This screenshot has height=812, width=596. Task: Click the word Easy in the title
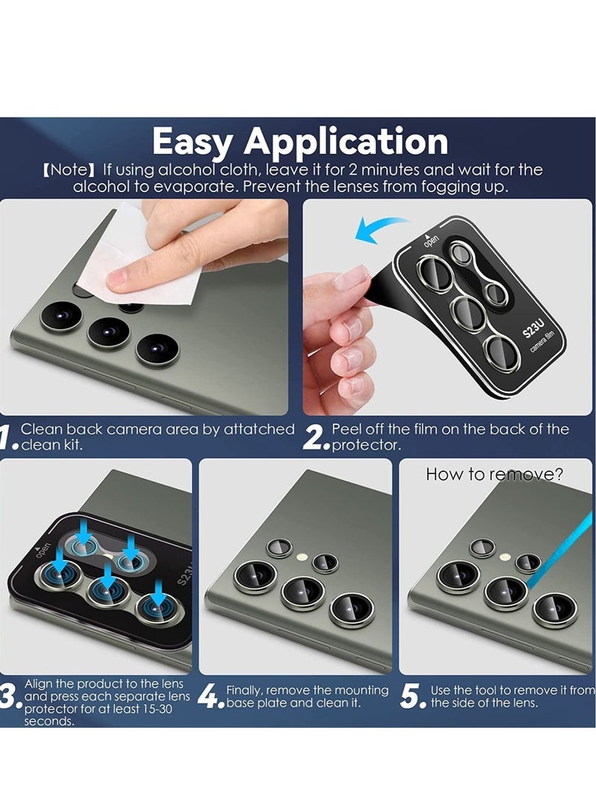(x=191, y=142)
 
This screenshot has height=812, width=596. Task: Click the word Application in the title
(x=346, y=142)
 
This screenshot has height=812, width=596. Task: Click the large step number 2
(x=314, y=438)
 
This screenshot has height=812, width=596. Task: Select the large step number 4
(x=208, y=697)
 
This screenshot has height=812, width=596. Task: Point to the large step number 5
(x=410, y=697)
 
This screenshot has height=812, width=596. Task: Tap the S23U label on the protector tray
(x=533, y=327)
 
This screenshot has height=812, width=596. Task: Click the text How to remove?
(x=494, y=474)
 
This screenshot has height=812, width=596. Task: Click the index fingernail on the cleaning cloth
(x=116, y=281)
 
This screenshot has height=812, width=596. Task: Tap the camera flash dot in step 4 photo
(x=302, y=557)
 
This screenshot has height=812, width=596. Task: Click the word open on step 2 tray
(x=431, y=241)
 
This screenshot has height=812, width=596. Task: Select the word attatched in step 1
(x=259, y=429)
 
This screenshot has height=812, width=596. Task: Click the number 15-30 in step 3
(x=156, y=709)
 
